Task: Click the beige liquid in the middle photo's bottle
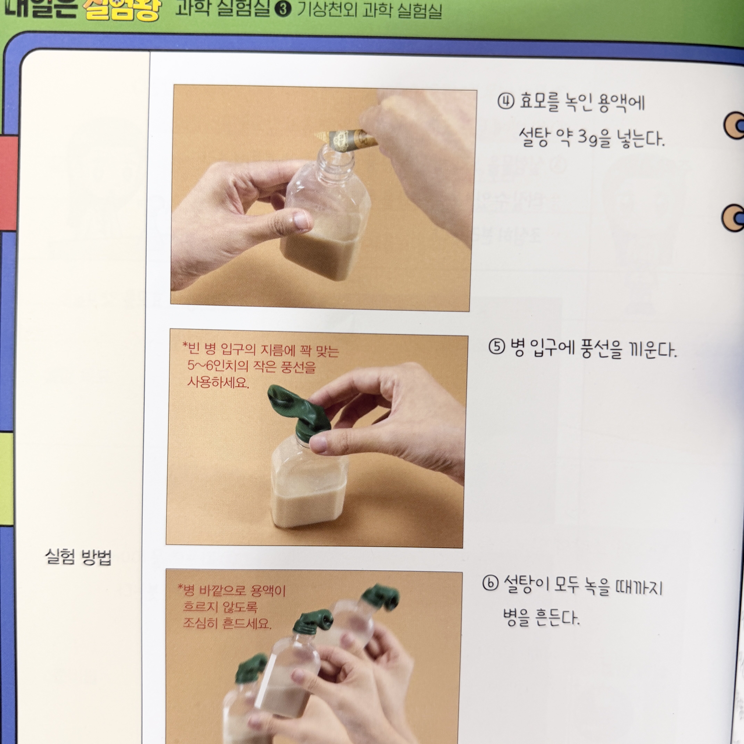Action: coord(308,505)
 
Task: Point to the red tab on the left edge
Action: coord(9,181)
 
